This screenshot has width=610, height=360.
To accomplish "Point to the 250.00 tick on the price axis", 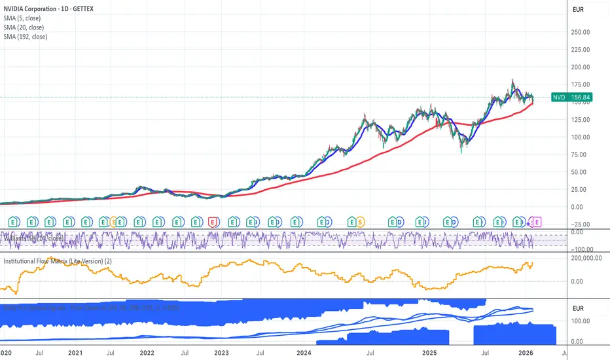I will click(x=585, y=31).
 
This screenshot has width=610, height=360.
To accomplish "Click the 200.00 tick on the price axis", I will click(x=585, y=67).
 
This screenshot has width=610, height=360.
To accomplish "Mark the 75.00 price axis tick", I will click(x=583, y=154).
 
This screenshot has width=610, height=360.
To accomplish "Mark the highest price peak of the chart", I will click(x=512, y=81).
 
